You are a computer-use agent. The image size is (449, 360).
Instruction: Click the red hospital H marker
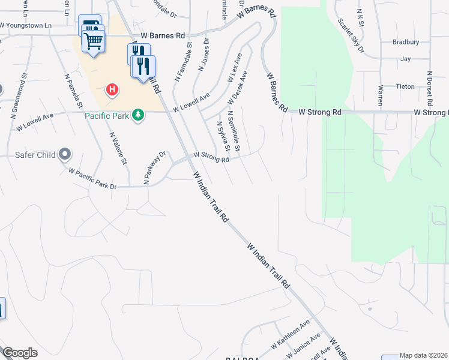pos(112,91)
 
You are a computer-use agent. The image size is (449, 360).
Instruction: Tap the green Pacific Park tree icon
pos(138,114)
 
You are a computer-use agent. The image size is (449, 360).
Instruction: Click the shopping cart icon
pos(94,42)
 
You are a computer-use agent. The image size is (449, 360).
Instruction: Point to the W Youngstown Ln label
pos(26,26)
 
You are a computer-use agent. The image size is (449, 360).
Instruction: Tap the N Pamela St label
pos(74,91)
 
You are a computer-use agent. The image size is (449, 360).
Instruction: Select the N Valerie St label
pos(118,148)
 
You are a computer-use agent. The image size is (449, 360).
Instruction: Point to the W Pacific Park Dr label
pos(92,179)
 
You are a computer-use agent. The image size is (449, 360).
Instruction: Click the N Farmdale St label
pos(182,61)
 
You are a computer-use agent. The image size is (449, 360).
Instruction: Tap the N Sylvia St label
pos(223,137)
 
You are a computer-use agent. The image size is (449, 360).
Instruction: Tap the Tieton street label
pos(405,86)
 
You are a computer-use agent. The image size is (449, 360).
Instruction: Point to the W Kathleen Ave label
pos(290,334)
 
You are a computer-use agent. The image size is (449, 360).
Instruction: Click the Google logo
pos(20,353)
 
